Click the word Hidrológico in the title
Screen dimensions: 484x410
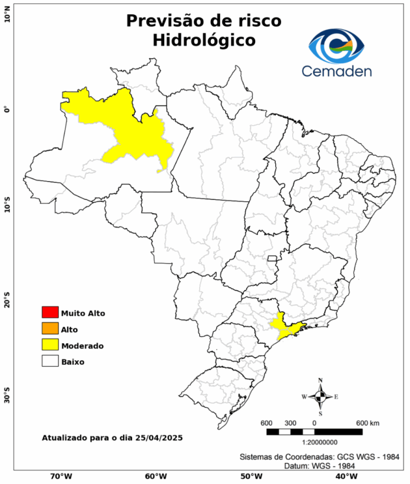coord(204,41)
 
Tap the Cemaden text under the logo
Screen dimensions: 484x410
coord(337,71)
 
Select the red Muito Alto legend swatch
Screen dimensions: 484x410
coord(50,312)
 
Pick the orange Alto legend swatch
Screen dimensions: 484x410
coord(50,329)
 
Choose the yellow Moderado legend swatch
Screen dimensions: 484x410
coord(50,345)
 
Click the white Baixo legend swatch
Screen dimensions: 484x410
coord(50,361)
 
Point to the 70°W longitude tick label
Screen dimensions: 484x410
coord(61,476)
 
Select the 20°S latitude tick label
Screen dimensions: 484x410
coord(7,300)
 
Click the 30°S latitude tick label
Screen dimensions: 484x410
coord(7,396)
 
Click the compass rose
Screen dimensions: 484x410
coord(320,397)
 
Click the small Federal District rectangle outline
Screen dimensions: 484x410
coord(272,258)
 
